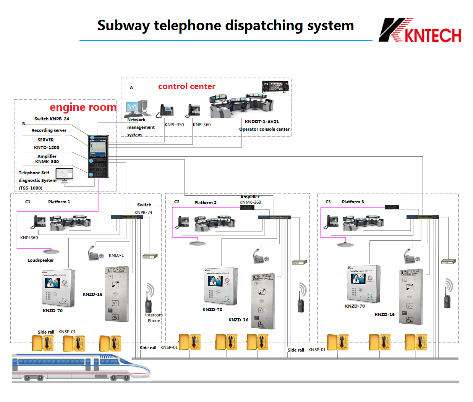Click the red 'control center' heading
[186, 86]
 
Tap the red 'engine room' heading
[83, 107]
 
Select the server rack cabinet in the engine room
[98, 156]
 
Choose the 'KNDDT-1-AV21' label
[262, 122]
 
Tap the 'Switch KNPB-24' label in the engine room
[52, 119]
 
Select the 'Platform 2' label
[205, 203]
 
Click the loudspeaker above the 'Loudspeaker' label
[50, 251]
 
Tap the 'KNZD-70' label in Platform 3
[355, 306]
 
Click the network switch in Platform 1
[127, 217]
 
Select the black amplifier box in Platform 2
[247, 208]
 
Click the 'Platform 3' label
[353, 202]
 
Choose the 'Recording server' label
[49, 130]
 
